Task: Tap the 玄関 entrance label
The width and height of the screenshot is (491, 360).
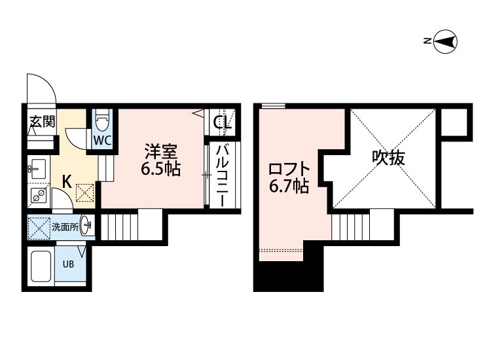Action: pos(41,122)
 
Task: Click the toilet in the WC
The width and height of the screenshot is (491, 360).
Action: pos(101,121)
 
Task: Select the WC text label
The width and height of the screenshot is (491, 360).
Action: pos(101,141)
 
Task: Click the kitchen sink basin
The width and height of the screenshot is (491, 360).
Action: pos(37,169)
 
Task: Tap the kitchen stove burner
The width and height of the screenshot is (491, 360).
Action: pos(38,194)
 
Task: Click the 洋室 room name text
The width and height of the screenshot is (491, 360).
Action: pos(160,152)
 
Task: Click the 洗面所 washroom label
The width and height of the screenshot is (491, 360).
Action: pos(66,227)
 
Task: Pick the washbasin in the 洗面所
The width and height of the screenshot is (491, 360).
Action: pos(88,227)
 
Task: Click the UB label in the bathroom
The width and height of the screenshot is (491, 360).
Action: pos(67,265)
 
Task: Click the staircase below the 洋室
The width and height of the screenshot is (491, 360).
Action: pos(122,226)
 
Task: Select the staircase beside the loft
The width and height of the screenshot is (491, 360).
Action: pos(351,228)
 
